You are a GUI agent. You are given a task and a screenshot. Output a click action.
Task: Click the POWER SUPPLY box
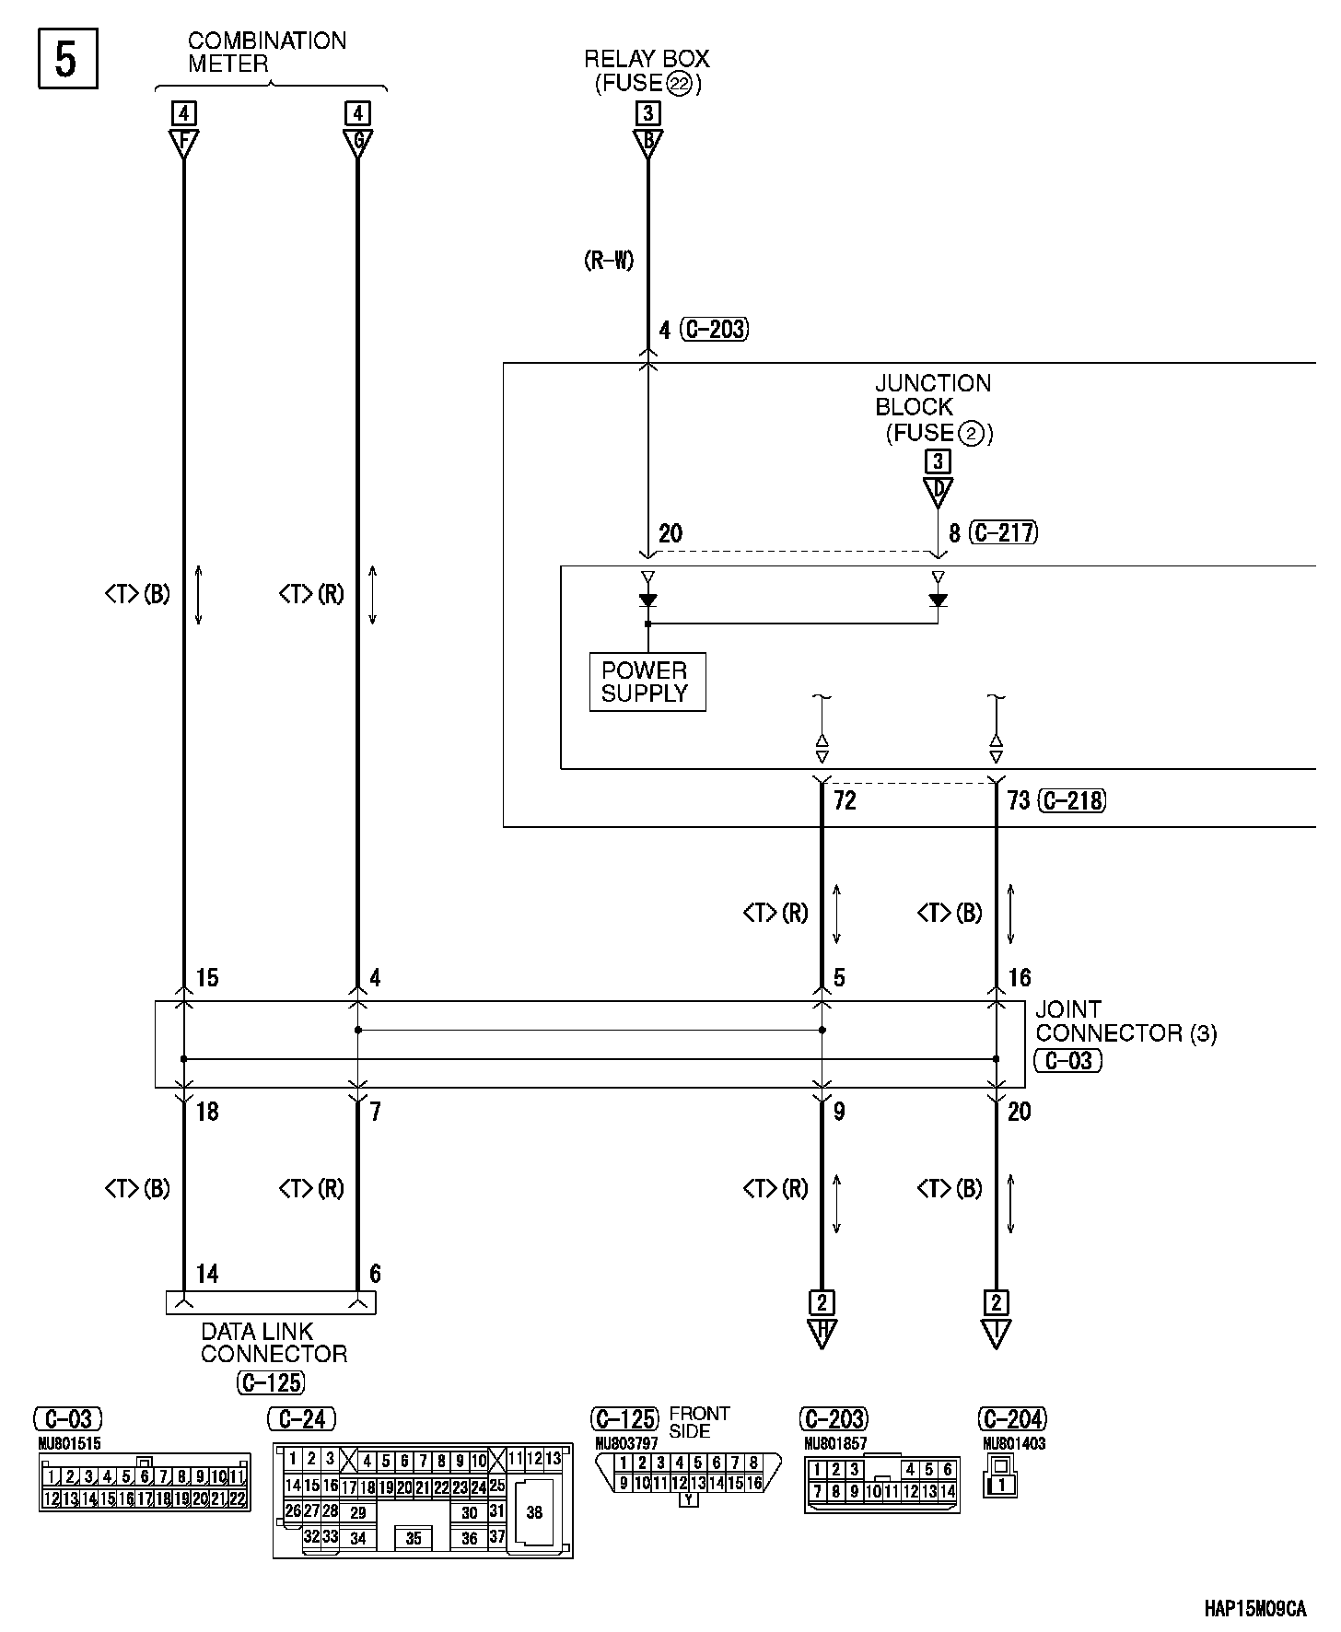[647, 682]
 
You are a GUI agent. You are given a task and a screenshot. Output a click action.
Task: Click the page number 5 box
[67, 60]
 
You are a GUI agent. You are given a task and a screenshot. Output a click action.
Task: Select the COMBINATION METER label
[267, 52]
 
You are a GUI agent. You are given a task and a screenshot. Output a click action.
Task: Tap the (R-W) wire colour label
[609, 261]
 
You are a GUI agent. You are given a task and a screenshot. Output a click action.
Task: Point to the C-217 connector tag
[1004, 532]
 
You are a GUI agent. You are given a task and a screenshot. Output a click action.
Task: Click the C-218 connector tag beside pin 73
[1072, 800]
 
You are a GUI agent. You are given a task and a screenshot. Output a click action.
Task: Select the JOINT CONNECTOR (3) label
[1125, 1021]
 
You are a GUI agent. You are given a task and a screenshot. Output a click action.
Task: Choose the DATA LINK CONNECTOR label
[273, 1343]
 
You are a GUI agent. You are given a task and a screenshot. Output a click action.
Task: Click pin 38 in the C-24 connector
[534, 1512]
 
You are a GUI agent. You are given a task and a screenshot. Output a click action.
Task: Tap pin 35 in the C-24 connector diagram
[414, 1538]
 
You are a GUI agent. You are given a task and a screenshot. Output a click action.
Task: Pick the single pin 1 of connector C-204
[1002, 1485]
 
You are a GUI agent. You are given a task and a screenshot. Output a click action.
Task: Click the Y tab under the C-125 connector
[688, 1499]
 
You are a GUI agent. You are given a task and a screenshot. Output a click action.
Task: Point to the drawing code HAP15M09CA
[1254, 1610]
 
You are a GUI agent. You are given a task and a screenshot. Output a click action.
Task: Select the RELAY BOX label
[647, 59]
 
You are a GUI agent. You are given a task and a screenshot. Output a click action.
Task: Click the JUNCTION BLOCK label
[933, 395]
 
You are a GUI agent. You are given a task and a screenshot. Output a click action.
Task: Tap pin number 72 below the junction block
[845, 800]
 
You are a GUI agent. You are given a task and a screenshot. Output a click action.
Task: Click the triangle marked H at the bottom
[821, 1333]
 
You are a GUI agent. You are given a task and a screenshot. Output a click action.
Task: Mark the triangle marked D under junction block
[938, 490]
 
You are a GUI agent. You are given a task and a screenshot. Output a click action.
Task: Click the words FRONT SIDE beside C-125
[699, 1422]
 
